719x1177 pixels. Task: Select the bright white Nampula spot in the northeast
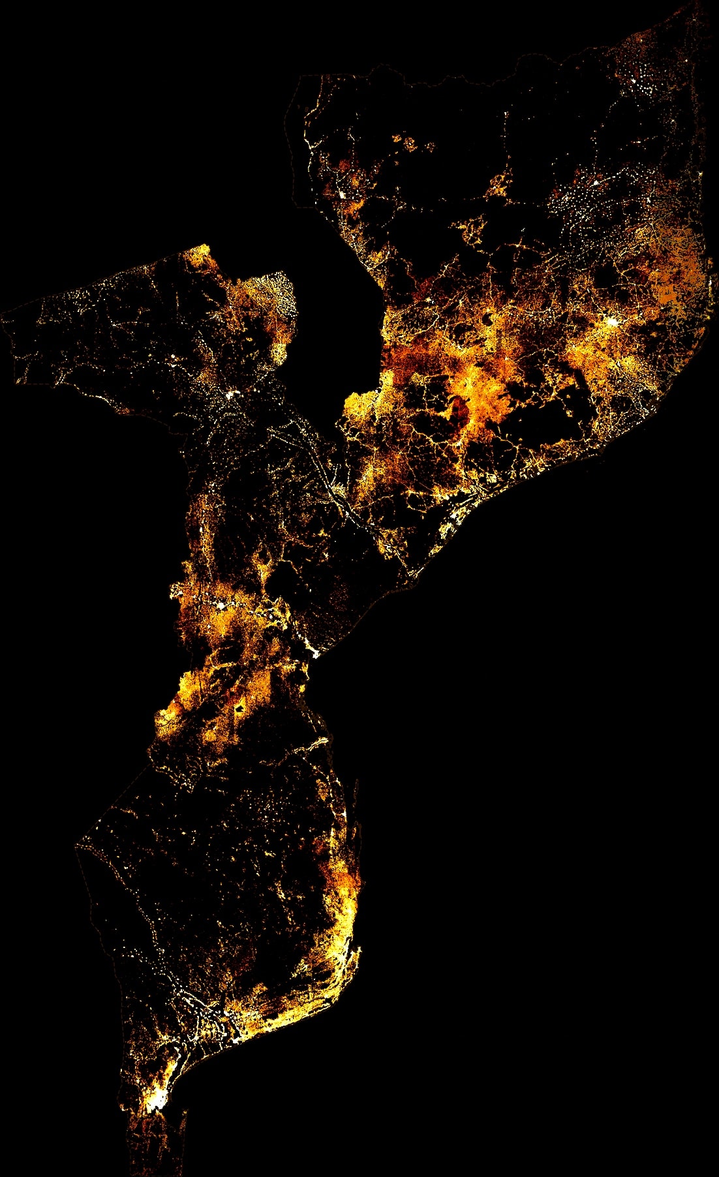pos(611,321)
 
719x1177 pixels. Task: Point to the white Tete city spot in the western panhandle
pos(230,394)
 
